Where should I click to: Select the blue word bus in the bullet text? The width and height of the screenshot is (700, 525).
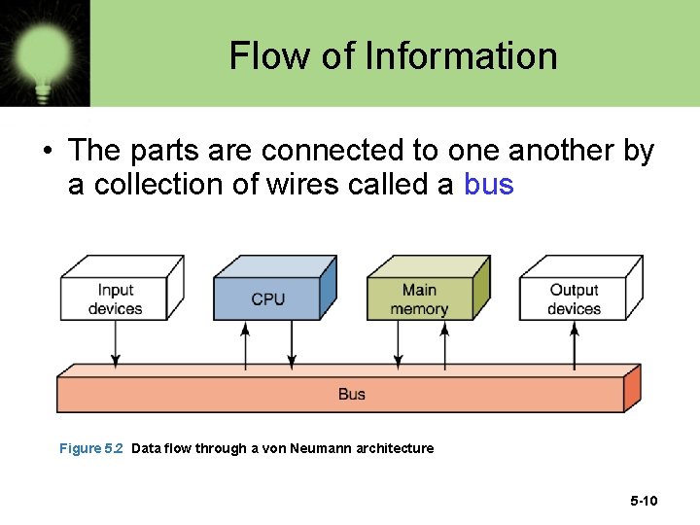[x=489, y=184]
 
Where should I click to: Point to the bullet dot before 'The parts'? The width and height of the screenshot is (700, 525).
[x=47, y=152]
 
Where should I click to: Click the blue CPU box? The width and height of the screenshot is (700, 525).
[x=268, y=299]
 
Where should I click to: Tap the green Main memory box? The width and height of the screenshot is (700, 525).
[x=419, y=299]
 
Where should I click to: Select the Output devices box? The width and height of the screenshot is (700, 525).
[x=574, y=299]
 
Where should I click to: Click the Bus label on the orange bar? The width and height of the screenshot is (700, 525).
[x=352, y=394]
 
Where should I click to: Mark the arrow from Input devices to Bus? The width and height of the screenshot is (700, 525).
[x=116, y=343]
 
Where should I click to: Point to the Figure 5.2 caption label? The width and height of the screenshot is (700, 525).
[x=91, y=448]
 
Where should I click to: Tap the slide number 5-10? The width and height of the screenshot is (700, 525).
[x=644, y=502]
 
